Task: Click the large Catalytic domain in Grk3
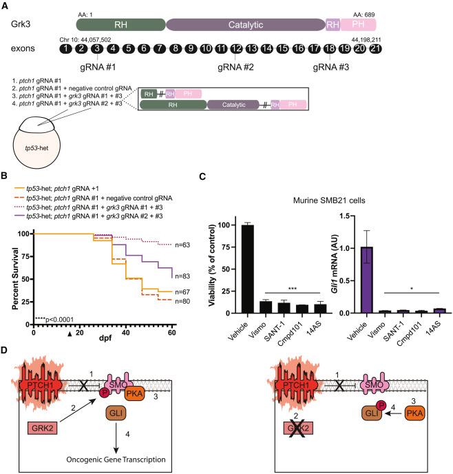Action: coord(245,23)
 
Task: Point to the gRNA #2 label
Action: coord(236,68)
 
